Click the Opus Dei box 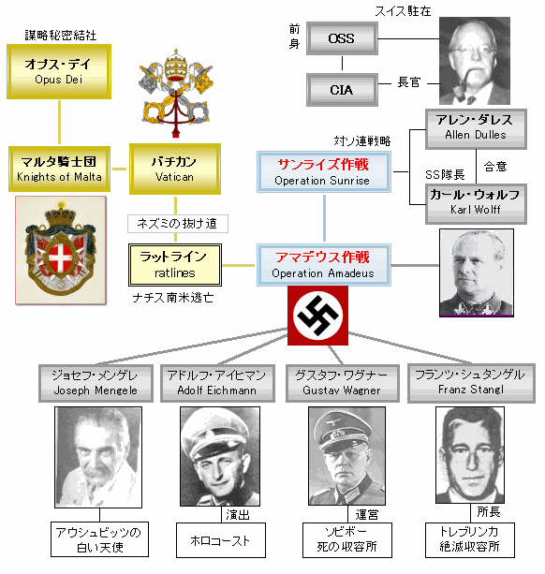pos(59,72)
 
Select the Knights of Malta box pos(59,169)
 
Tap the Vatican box pos(175,169)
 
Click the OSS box pos(342,38)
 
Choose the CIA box pos(342,90)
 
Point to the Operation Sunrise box pos(324,171)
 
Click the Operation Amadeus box pos(324,265)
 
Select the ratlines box pos(175,265)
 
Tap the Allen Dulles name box pos(476,129)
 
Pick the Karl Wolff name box pos(476,204)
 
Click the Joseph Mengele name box pos(96,383)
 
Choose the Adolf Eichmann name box pos(217,383)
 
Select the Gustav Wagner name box pos(342,383)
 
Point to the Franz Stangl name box pos(471,383)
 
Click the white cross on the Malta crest pos(61,258)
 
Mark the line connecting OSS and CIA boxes pos(342,63)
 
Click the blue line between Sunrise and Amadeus pos(324,218)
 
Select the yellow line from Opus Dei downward pos(59,123)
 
